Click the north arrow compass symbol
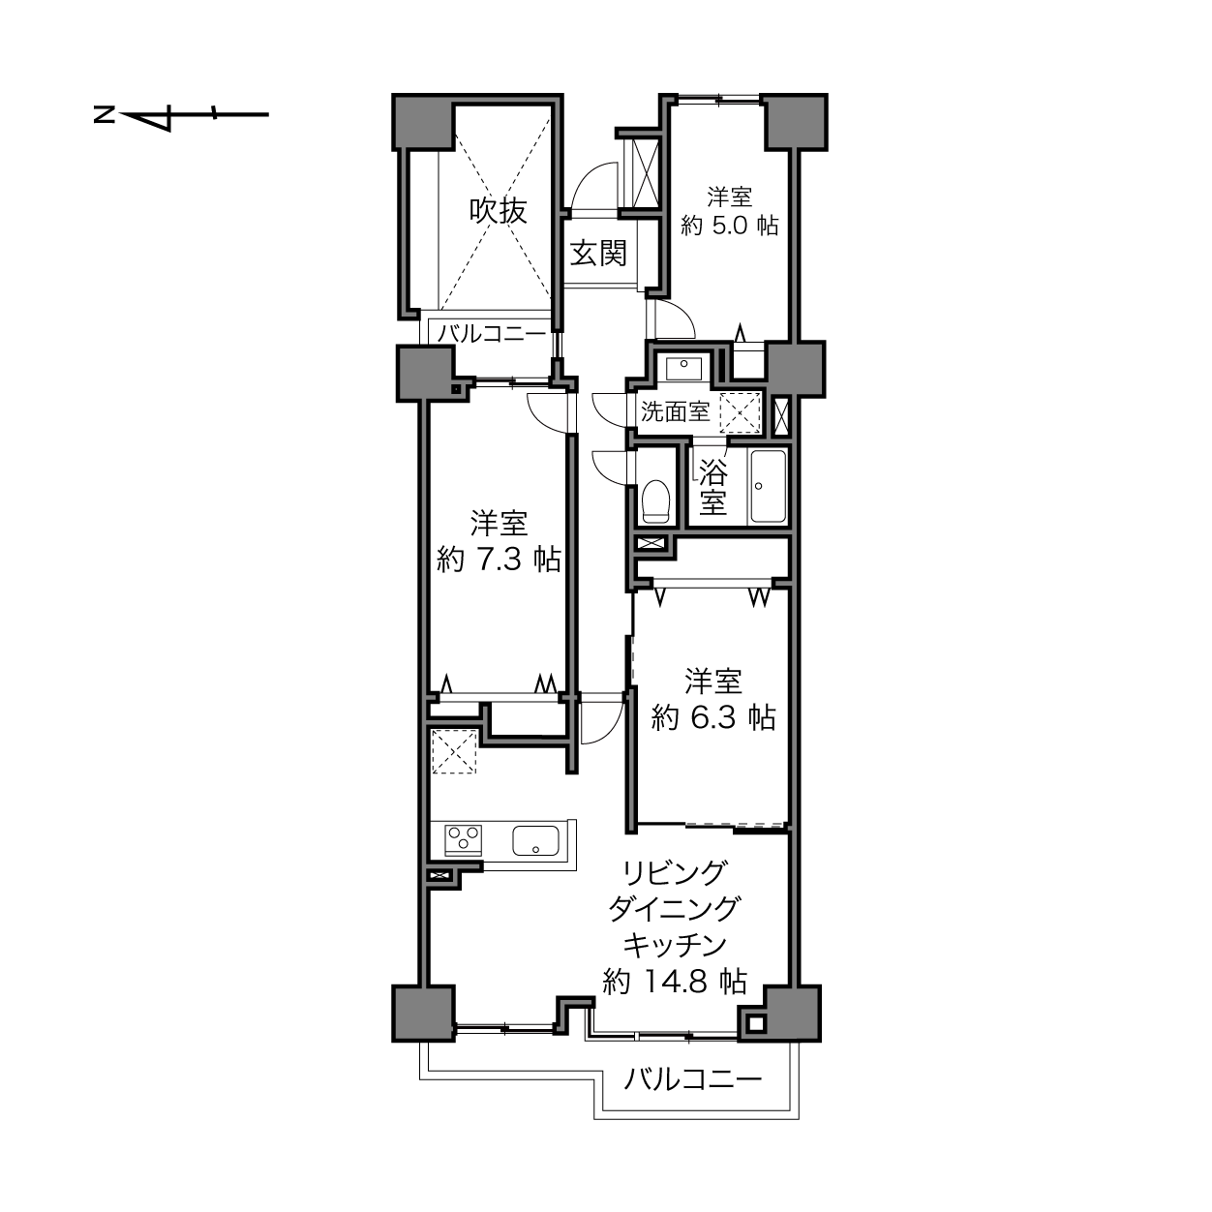(182, 115)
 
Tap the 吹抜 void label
(499, 211)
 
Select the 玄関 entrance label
(599, 254)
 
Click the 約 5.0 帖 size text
(729, 226)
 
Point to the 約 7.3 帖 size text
(499, 560)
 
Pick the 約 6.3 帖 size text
(713, 717)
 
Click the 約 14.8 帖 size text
(675, 982)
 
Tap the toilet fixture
(655, 501)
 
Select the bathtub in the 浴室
(768, 486)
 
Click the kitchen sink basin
(536, 840)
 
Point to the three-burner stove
(464, 840)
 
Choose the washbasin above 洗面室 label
(683, 369)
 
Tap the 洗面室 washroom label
(676, 412)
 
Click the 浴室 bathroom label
(713, 488)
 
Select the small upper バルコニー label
(492, 333)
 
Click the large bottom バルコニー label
(693, 1079)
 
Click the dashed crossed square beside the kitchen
(453, 750)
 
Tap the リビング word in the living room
(674, 872)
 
